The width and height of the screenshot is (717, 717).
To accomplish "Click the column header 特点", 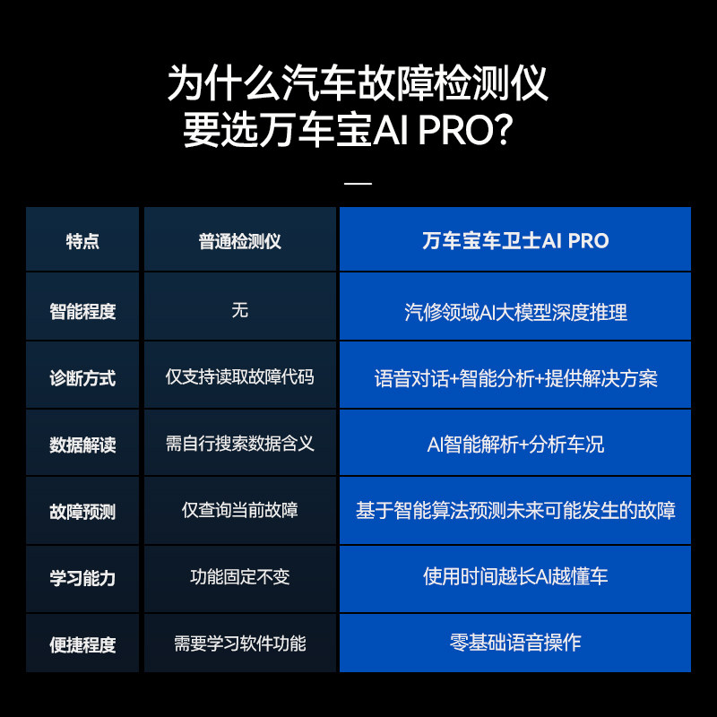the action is click(x=82, y=241).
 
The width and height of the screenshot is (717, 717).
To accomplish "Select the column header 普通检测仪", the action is click(x=239, y=241).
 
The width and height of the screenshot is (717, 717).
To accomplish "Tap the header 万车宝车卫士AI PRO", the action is click(x=515, y=240).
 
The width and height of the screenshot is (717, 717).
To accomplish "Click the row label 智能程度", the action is click(x=82, y=311).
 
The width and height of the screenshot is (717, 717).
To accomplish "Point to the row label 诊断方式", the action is click(x=82, y=378).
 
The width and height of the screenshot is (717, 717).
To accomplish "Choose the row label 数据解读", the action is click(x=82, y=445).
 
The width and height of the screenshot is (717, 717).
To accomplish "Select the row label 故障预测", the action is click(x=82, y=512).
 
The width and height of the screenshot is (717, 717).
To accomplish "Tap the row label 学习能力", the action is click(x=82, y=578).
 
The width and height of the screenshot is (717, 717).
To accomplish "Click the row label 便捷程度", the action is click(x=82, y=644).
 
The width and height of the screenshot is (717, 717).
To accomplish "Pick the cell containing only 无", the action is click(x=239, y=310).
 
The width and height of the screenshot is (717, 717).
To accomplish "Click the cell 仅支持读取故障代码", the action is click(x=239, y=376).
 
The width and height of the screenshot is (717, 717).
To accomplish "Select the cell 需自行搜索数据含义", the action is click(x=239, y=444).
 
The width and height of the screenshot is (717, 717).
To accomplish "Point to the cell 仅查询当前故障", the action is click(x=239, y=510).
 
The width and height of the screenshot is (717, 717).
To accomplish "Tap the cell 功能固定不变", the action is click(x=239, y=577).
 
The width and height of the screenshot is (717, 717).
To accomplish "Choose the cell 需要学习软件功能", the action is click(x=239, y=644).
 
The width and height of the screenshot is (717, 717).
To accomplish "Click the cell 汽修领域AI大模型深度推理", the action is click(x=515, y=312).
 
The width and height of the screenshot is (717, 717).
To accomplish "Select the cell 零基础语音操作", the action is click(x=515, y=643).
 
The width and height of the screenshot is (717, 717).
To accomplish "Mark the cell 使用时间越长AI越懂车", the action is click(x=515, y=576).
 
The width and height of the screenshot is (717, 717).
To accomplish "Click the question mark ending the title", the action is click(x=504, y=131).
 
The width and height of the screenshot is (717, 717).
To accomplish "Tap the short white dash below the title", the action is click(x=358, y=184).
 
